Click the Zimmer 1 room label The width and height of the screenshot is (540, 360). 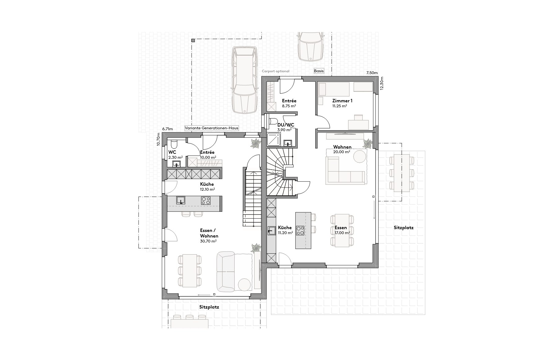tap(342, 101)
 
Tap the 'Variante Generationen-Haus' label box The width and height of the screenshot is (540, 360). tap(211, 128)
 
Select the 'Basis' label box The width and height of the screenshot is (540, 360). tap(319, 71)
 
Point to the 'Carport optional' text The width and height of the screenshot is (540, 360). tap(276, 71)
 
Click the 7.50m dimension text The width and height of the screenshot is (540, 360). tap(372, 73)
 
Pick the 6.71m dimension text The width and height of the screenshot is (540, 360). tap(167, 128)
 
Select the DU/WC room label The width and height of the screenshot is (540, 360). tap(285, 125)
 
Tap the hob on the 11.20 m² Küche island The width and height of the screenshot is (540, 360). tap(300, 230)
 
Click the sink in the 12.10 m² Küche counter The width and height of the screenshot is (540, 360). tap(181, 200)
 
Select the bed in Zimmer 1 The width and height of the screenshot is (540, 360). tap(334, 89)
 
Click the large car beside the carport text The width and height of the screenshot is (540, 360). tap(245, 80)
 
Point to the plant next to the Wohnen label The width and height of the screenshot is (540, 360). tap(368, 144)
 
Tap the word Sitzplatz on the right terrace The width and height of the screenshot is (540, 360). tap(404, 228)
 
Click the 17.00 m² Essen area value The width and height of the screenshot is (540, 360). tap(342, 233)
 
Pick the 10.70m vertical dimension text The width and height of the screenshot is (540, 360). tap(158, 139)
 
